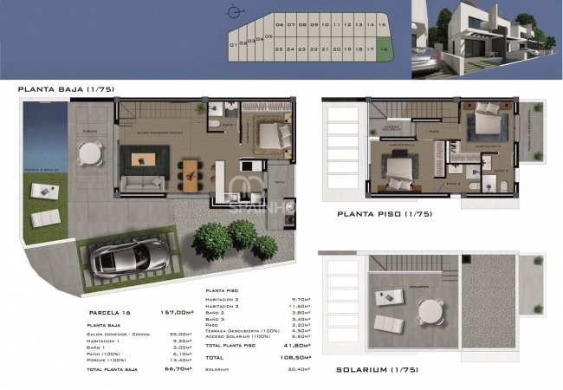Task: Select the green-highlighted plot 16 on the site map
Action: pos(384,49)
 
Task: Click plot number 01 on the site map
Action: pos(233,44)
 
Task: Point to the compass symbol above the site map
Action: pos(231,12)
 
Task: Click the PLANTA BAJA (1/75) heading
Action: pos(66,89)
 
